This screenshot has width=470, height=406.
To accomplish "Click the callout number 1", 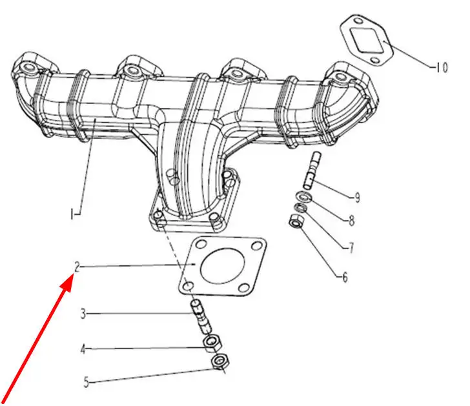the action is pos(72,214).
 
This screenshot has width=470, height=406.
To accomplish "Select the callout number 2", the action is pos(77,267).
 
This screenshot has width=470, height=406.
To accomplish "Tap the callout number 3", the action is pos(83,314).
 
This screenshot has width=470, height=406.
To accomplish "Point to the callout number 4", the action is pos(83,349).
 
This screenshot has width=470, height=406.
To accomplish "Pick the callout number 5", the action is pos(87,382).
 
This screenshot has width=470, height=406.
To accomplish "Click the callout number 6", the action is pos(345,277).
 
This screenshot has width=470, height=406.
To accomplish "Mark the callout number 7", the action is pos(351,248).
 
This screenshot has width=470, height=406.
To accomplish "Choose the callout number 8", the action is pos(352,221).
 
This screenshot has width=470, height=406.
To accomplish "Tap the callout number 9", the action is pos(357,198).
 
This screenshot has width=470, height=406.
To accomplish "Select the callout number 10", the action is pos(442,67).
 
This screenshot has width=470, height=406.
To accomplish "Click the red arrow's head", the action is pos(67,283).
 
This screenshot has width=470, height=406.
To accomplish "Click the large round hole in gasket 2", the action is pos(222,266).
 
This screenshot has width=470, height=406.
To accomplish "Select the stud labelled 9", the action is pos(312,171).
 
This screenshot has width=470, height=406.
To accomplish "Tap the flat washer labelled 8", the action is pos(304,197).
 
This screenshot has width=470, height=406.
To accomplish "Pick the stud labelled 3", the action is pos(201,318).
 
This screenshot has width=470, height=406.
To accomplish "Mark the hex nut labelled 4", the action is pos(212,343).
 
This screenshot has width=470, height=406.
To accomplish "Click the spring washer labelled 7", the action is pos(300,207).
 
